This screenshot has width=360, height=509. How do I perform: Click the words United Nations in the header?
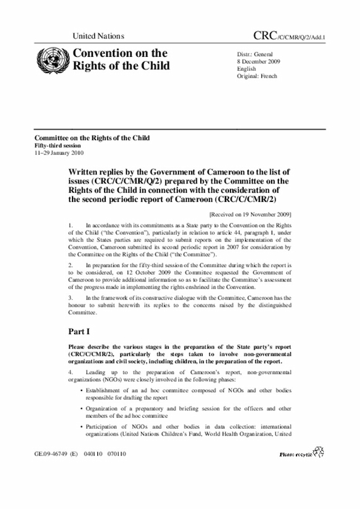click(x=98, y=36)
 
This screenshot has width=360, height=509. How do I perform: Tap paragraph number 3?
click(x=70, y=295)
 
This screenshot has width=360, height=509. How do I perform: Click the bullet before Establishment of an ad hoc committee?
click(x=82, y=389)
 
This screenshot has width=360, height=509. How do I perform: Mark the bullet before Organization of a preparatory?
click(x=82, y=408)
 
